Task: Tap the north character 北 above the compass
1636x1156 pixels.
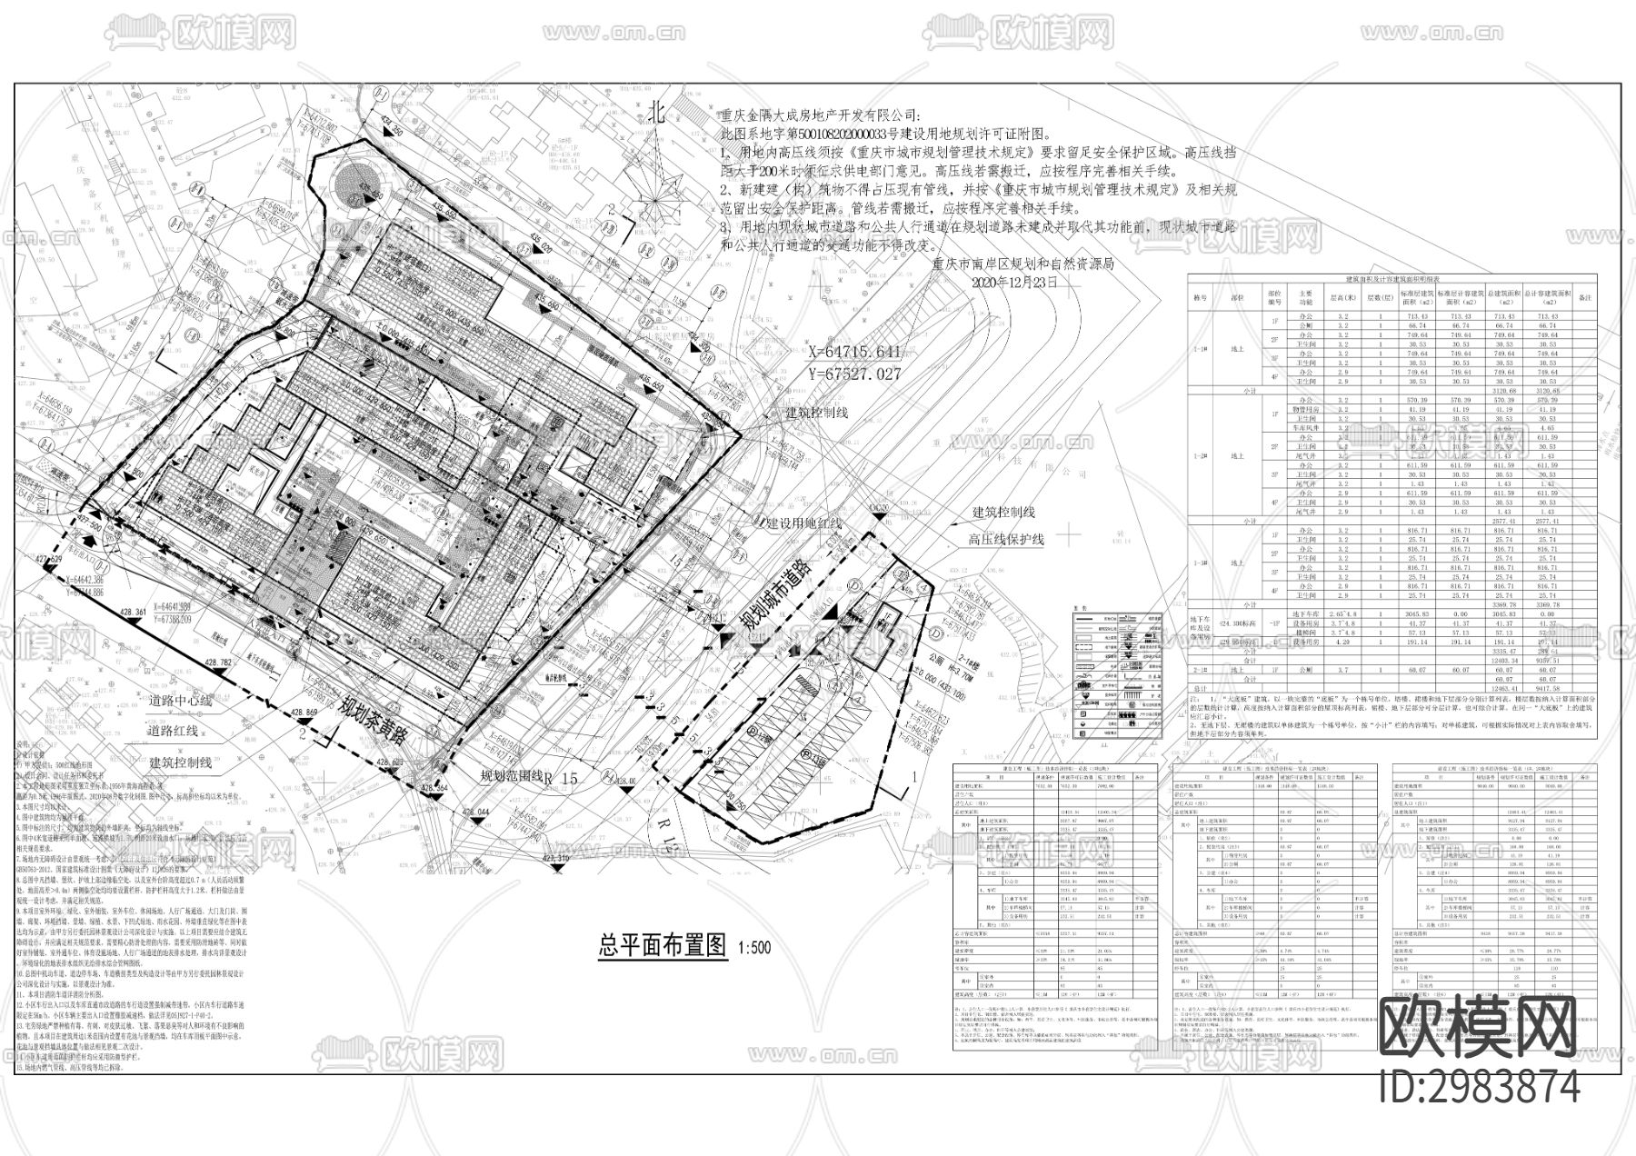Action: point(657,112)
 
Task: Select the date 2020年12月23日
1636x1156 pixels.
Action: point(1014,283)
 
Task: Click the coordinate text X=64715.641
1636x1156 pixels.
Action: point(854,352)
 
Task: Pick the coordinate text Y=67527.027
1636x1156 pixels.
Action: point(854,374)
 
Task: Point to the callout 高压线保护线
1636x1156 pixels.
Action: point(1005,539)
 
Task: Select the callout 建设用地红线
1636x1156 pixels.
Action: point(803,524)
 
